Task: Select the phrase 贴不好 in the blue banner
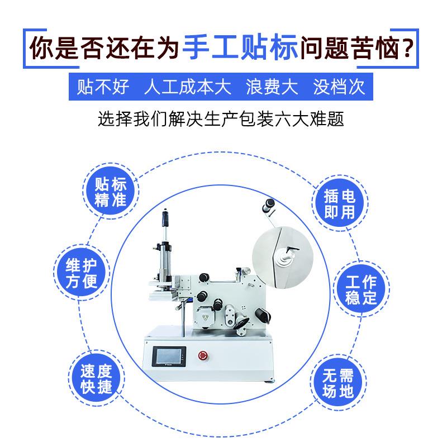point(103,88)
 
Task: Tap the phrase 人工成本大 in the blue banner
point(187,88)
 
